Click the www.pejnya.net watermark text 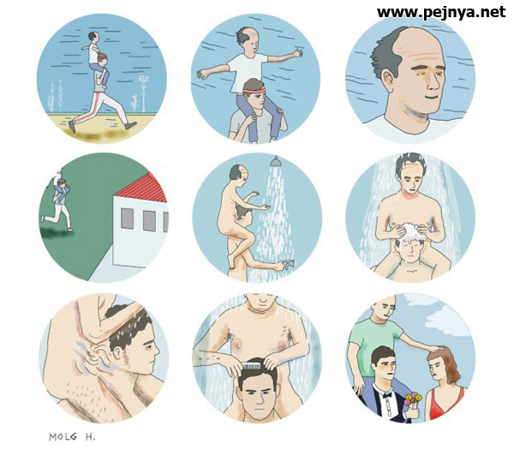click(441, 13)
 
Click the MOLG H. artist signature click(72, 436)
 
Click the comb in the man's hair click(250, 366)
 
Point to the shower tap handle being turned click(288, 263)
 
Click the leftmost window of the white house click(127, 219)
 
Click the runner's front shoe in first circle click(130, 125)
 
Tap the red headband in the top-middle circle click(254, 90)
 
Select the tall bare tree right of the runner click(143, 91)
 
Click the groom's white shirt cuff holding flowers click(408, 415)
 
